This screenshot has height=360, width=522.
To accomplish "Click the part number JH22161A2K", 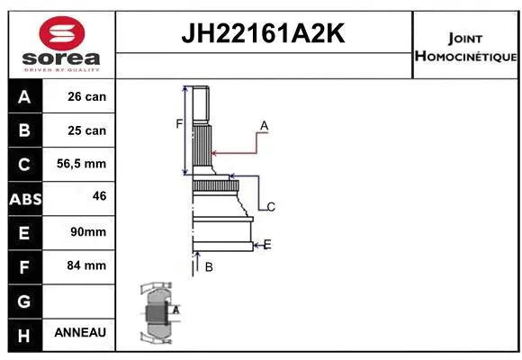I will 264,35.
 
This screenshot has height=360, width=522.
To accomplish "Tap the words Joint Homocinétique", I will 465,48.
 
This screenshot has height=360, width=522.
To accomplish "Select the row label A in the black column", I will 24,97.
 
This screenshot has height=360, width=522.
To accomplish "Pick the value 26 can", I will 86,96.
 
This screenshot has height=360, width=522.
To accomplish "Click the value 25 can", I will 86,130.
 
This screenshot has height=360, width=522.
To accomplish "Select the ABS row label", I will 24,198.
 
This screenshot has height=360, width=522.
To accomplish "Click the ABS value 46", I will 99,194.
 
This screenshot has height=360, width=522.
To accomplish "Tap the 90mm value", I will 88,231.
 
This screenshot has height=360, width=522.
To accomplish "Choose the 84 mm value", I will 86,265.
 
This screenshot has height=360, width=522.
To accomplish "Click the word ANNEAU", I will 80,332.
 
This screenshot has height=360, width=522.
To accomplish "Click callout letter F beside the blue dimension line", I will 178,123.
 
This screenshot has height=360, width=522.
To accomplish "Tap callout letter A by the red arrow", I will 265,125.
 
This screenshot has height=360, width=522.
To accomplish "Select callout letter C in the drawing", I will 270,207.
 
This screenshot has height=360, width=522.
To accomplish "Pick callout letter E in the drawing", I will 267,244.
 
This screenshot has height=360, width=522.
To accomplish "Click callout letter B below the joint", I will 208,266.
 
